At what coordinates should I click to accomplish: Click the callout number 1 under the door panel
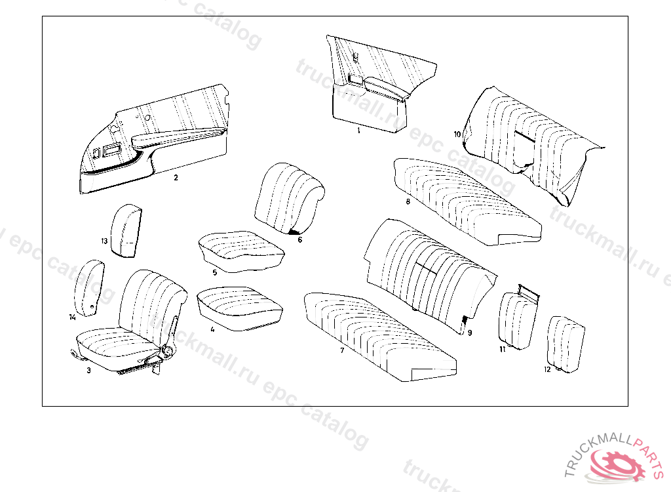(x=358, y=131)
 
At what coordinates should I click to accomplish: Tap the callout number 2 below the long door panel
(x=176, y=177)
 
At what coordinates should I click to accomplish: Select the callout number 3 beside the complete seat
(x=88, y=371)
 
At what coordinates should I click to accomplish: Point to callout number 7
(x=342, y=351)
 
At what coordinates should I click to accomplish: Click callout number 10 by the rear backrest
(x=457, y=134)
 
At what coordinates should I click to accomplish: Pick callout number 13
(x=104, y=241)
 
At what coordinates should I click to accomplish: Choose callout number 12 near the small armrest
(x=547, y=369)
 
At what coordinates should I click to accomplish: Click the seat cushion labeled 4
(x=239, y=306)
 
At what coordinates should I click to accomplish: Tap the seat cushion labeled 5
(x=240, y=249)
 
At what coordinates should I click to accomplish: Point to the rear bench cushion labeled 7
(x=380, y=338)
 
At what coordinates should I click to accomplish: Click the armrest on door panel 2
(x=177, y=136)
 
